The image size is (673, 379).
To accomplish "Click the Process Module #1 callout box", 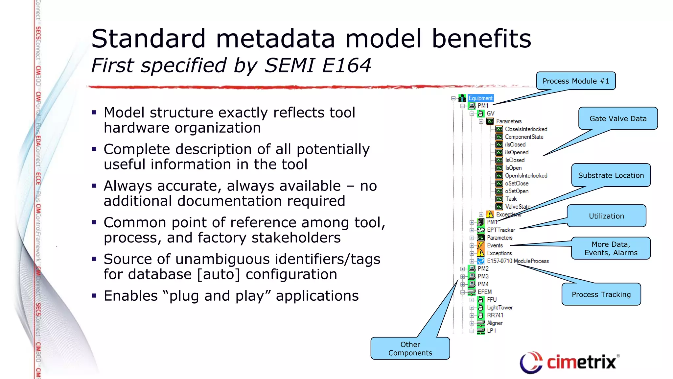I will coord(576,81).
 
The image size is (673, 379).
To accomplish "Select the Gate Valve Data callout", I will coord(618,118).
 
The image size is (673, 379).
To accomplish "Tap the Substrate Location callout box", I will coord(611,175).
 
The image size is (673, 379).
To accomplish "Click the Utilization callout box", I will coord(606,216).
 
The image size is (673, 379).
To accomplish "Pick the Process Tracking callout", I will coord(601,294).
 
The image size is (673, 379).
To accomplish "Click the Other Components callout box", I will coord(410,348).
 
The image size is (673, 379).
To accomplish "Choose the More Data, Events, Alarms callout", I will coord(611,248).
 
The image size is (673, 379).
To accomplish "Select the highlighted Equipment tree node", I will coord(480,98).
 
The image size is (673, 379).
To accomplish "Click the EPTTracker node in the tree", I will coord(501,230).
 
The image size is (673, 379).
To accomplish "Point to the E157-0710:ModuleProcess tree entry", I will coord(518,261).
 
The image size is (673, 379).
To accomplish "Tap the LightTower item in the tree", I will coord(499,308).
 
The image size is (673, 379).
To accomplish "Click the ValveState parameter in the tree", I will coord(518,207).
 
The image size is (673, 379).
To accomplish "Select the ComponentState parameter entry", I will coord(524,137).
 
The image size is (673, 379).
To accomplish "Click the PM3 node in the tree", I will coord(483,276).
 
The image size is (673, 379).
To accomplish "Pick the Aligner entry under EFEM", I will coord(495,323).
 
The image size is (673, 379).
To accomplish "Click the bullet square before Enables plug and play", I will coord(94,295).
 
